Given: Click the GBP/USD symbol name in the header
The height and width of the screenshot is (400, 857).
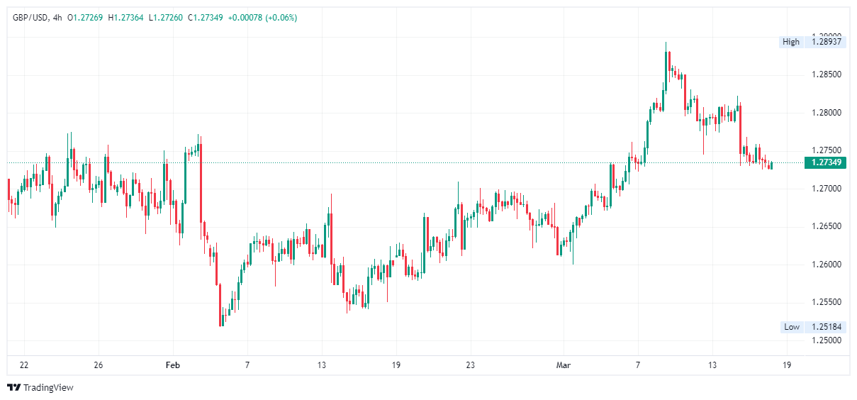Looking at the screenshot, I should [29, 18].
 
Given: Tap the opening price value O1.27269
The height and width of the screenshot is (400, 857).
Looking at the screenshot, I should [86, 18].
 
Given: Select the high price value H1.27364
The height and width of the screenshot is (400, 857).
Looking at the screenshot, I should [130, 18].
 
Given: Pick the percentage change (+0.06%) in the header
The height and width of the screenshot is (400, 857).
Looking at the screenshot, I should [281, 18].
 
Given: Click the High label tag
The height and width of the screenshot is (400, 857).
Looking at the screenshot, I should [790, 42].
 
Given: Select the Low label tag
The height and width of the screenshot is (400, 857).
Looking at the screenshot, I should [791, 327].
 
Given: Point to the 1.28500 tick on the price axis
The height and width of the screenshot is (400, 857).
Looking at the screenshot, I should [826, 74].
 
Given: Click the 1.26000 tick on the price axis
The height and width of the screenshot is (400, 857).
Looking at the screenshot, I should [826, 265].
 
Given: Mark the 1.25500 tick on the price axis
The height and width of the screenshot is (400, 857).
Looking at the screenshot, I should [826, 302].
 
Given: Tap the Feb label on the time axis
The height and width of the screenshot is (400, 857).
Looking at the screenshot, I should [172, 365].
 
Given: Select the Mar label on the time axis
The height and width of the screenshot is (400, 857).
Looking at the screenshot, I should [564, 365].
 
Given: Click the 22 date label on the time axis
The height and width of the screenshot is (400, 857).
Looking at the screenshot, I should [24, 365].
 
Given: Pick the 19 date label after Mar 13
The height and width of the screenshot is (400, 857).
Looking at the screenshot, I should [787, 365].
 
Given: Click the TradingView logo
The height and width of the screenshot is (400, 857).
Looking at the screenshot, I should [40, 388].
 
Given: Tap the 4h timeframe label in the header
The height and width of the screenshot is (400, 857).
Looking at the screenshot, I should [57, 18].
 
